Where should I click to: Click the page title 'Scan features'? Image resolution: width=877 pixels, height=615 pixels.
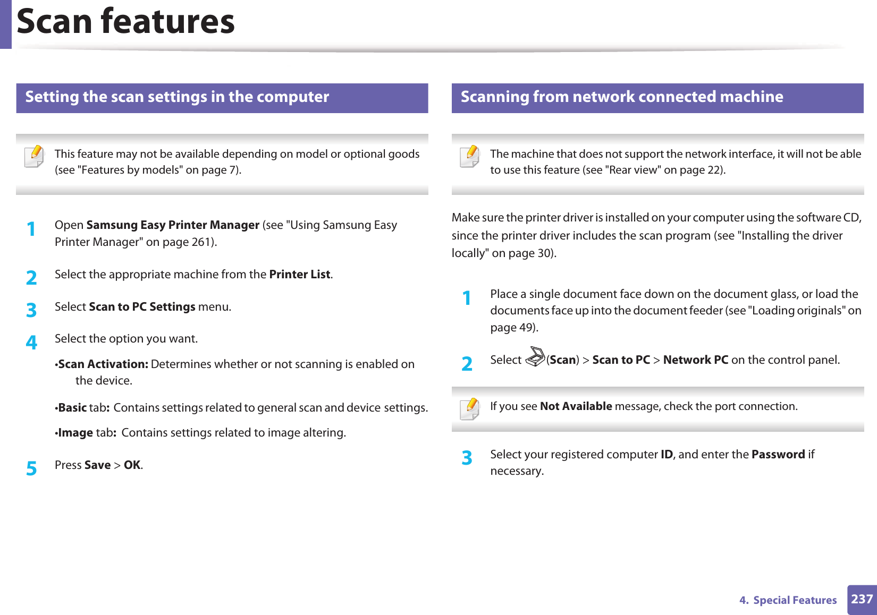pos(126,22)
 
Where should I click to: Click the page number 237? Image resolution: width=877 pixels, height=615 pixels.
pos(862,599)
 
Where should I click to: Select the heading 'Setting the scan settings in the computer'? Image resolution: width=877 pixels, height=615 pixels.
pos(177,97)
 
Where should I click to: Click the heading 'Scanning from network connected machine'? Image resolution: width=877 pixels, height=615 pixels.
pos(621,97)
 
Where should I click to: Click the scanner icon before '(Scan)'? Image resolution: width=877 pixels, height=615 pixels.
pos(535,357)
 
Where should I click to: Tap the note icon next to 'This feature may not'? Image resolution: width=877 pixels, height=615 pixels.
pos(35,157)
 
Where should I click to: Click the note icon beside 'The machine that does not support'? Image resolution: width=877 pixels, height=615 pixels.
pos(470,157)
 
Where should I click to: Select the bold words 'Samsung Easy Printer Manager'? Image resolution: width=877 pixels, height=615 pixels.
pos(173,225)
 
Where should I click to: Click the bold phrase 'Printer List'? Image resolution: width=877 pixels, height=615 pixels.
pos(300,275)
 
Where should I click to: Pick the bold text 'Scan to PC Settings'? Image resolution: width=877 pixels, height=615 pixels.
pos(142,307)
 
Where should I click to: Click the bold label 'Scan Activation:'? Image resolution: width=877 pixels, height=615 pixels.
pos(103,364)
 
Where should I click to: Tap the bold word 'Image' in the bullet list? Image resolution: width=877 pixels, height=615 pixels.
pos(75,433)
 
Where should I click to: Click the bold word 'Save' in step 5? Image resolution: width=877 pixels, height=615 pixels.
pos(97,465)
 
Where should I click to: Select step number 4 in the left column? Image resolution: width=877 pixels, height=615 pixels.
pos(32,343)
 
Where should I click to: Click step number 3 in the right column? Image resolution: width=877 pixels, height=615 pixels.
pos(467,458)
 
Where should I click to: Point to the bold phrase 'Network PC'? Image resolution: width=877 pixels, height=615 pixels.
pos(695,360)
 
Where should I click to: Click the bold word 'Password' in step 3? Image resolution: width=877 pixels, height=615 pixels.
pos(778,455)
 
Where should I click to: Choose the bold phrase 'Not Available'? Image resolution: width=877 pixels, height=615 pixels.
pos(576,406)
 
